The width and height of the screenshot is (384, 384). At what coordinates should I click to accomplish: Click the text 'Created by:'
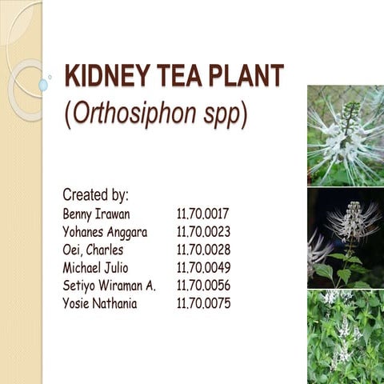tap(96, 194)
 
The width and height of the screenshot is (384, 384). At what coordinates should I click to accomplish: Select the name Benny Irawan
tap(96, 214)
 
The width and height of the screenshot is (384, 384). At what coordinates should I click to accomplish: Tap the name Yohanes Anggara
tap(104, 232)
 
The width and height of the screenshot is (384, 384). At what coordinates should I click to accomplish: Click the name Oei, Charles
tap(93, 250)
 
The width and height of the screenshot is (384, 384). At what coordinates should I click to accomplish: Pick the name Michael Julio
tap(95, 267)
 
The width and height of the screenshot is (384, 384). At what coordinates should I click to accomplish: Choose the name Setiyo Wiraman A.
tap(109, 286)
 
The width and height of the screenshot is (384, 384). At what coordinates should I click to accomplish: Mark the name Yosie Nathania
tap(99, 303)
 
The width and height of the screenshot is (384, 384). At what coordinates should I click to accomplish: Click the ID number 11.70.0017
tap(203, 214)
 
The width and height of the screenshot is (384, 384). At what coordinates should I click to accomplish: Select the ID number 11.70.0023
tap(203, 232)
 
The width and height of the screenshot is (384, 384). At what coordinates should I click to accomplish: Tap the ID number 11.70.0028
tap(203, 250)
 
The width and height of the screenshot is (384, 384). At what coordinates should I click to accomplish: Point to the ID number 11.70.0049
tap(203, 267)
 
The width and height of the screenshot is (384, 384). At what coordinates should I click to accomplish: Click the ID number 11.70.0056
tap(203, 286)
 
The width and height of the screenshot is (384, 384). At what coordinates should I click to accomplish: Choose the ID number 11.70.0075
tap(203, 303)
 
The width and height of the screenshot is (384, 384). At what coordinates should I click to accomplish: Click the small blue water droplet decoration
tap(42, 85)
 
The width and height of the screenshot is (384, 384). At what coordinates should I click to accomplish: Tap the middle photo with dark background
tap(345, 238)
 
